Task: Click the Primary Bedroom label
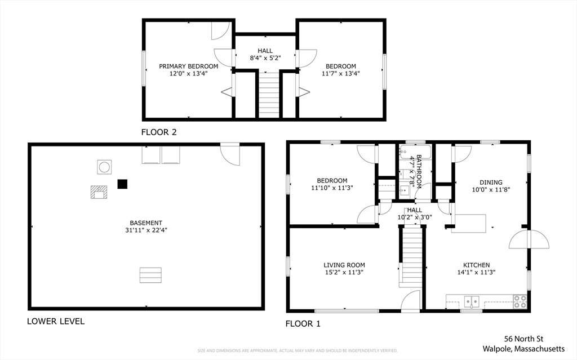click(x=188, y=66)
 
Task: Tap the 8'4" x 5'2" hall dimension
click(x=265, y=58)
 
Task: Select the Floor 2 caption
click(x=159, y=132)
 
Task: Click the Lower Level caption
click(x=56, y=321)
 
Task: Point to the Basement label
click(x=146, y=223)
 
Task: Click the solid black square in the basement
click(x=122, y=184)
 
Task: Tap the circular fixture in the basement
click(x=104, y=167)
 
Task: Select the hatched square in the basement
click(x=99, y=192)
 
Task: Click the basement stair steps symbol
click(x=150, y=275)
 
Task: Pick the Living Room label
click(x=344, y=265)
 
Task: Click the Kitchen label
click(x=477, y=265)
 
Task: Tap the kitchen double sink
click(x=472, y=302)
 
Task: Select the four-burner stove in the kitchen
click(x=520, y=301)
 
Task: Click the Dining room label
click(x=491, y=182)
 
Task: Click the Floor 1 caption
click(x=303, y=324)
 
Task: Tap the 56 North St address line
click(x=523, y=339)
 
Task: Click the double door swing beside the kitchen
click(x=529, y=239)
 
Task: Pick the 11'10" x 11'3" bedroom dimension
click(x=332, y=188)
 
